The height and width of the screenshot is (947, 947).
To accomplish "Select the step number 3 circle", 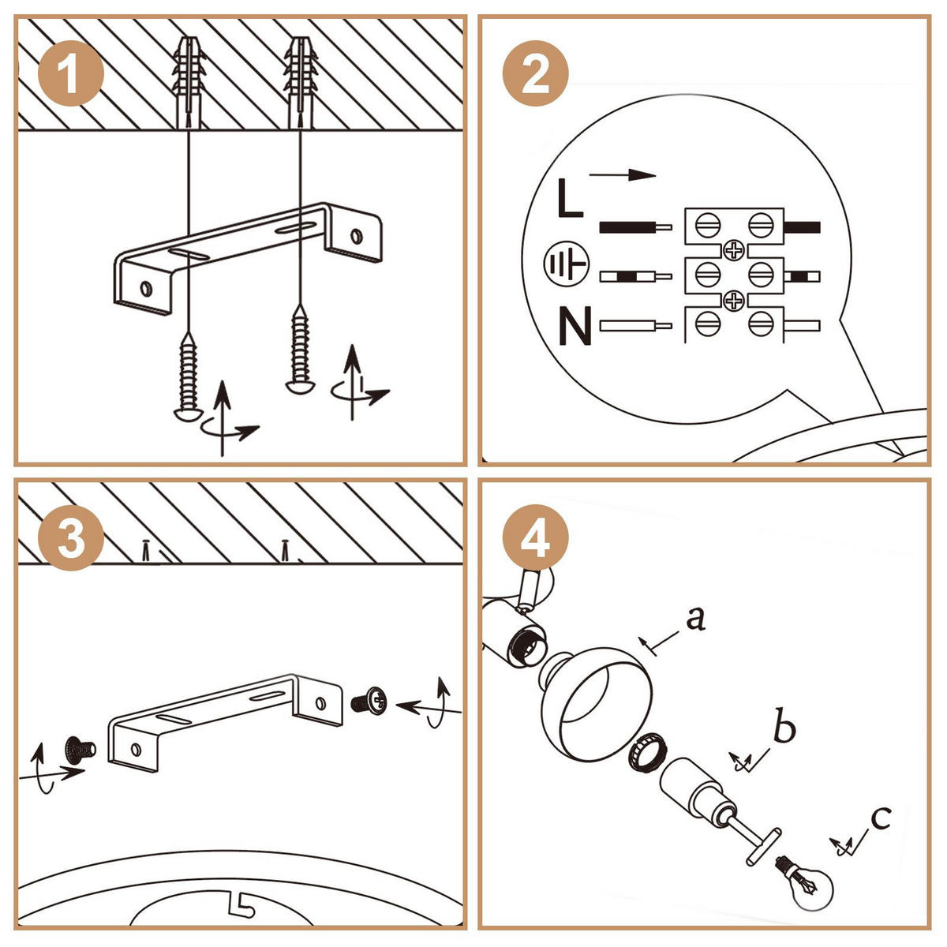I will [71, 541].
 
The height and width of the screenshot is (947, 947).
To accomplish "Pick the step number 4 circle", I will [536, 541].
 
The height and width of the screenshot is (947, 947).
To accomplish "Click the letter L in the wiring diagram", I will [570, 198].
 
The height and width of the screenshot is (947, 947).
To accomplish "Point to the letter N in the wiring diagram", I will [575, 327].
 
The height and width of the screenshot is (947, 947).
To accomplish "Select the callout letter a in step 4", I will [694, 619].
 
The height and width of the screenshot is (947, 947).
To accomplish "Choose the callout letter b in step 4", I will [784, 728].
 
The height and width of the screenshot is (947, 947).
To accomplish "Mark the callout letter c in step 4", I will [880, 817].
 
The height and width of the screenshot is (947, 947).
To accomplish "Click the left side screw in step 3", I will [78, 745].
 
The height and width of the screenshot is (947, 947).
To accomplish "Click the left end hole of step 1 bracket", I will [147, 288].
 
